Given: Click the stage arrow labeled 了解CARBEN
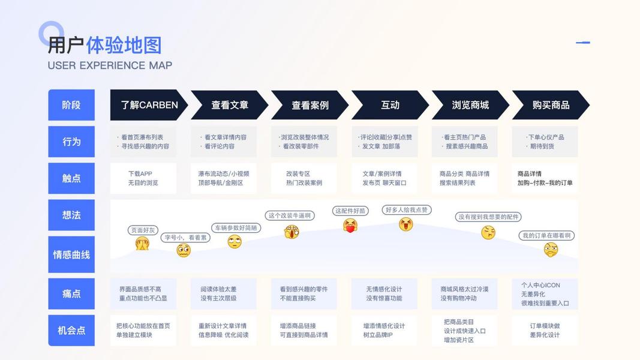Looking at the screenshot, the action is (149, 105).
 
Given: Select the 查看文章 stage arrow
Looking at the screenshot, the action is (229, 105).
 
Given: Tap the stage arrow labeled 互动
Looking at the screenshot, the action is (390, 105).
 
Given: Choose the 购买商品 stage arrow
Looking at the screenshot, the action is (550, 105).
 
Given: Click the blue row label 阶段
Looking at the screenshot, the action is (71, 105).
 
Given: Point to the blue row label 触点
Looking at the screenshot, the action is (71, 178).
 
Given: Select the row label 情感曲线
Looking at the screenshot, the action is (71, 254).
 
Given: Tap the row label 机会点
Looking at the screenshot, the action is (71, 330).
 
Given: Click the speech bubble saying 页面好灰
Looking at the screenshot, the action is (143, 230).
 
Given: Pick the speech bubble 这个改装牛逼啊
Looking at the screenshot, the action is (290, 215).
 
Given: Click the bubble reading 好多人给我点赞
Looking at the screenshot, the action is (407, 210).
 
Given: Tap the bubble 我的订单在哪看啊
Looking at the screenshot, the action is (546, 236).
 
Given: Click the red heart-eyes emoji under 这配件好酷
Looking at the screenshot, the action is (350, 226).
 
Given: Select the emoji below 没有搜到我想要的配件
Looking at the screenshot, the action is (489, 232).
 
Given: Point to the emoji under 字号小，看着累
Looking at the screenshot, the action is (184, 251).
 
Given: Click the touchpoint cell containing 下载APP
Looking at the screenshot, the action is (143, 178).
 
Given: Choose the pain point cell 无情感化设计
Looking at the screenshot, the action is (384, 293).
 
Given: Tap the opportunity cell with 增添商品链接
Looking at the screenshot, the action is (304, 330).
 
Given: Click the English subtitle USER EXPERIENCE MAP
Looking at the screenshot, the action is (110, 65).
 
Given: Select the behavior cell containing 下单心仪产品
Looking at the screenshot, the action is (545, 142).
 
